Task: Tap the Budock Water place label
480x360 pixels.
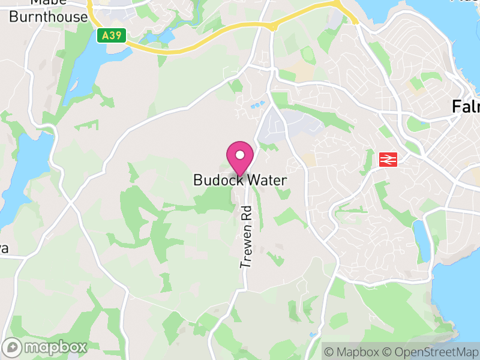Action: [x=240, y=180]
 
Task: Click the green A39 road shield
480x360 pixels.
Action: [x=112, y=36]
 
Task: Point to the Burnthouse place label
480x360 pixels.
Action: [x=49, y=17]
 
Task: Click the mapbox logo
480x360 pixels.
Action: [x=46, y=347]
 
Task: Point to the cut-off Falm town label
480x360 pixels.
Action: [x=466, y=108]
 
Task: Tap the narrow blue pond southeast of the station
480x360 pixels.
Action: [x=422, y=240]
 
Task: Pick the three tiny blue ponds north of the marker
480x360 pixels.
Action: [x=256, y=106]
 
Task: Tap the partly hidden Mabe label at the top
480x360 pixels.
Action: [x=48, y=2]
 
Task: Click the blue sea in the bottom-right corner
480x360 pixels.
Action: [x=462, y=300]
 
